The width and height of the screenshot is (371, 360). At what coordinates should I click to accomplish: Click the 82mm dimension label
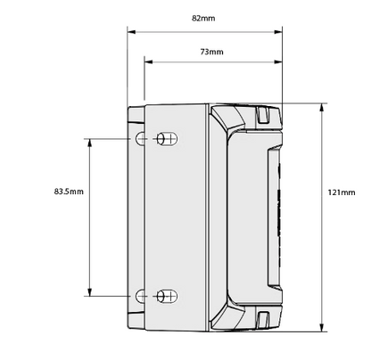pyautogui.click(x=203, y=18)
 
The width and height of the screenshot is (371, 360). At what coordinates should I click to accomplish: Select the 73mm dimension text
pyautogui.click(x=212, y=52)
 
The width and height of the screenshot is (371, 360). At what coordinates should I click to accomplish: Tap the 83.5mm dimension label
pyautogui.click(x=69, y=192)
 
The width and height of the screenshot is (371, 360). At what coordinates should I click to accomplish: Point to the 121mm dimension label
pyautogui.click(x=342, y=192)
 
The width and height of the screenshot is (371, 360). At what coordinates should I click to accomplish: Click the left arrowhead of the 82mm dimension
pyautogui.click(x=131, y=32)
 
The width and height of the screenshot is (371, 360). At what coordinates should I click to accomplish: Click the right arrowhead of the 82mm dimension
pyautogui.click(x=278, y=32)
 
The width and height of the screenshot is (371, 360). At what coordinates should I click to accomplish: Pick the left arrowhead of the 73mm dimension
pyautogui.click(x=148, y=61)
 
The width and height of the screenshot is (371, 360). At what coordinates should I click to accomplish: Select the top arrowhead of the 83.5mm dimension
pyautogui.click(x=89, y=143)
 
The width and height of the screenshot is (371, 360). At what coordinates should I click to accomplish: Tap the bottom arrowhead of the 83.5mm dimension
pyautogui.click(x=89, y=292)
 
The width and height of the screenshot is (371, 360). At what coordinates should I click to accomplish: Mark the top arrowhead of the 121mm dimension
pyautogui.click(x=321, y=108)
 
